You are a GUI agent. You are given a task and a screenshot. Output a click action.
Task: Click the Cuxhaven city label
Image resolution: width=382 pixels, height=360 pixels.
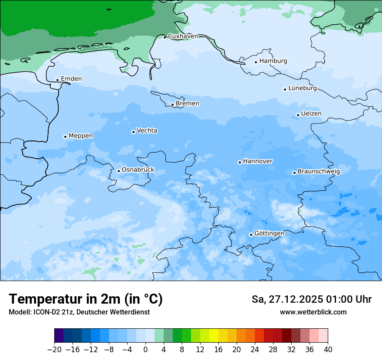click(183, 36)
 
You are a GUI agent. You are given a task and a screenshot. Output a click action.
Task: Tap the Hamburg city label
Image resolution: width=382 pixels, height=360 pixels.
click(273, 61)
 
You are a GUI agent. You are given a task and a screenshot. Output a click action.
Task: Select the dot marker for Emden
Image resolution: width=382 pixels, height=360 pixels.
click(57, 80)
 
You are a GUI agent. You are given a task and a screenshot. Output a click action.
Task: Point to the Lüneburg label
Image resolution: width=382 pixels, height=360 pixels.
click(302, 88)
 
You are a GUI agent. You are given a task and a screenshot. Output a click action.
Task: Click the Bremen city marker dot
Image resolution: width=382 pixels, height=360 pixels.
click(172, 105)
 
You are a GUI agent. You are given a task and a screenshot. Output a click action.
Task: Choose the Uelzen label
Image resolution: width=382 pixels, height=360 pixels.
click(311, 114)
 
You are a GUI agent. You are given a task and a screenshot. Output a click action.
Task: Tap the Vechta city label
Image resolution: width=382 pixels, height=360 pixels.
click(147, 131)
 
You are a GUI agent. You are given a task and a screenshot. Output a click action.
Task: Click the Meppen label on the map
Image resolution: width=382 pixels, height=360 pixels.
click(81, 136)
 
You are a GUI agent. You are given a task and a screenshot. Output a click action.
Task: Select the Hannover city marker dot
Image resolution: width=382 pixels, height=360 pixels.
click(240, 162)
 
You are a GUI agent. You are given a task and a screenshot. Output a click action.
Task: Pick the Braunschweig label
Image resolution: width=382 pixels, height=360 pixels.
click(319, 172)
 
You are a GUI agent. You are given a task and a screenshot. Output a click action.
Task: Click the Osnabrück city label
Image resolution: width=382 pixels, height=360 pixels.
click(138, 170)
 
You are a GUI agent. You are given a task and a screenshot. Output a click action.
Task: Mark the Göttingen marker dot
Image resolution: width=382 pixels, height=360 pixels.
click(251, 235)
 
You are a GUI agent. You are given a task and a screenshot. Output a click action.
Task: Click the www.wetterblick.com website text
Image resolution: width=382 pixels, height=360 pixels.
click(313, 312)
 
